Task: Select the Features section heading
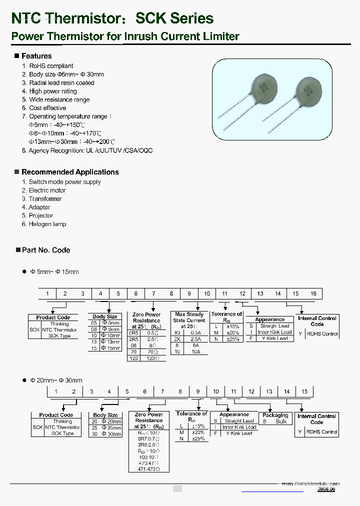pyautogui.click(x=36, y=56)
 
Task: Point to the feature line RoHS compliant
pyautogui.click(x=51, y=66)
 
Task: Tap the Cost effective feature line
pyautogui.click(x=47, y=108)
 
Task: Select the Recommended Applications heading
pyautogui.click(x=70, y=172)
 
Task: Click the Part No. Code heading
pyautogui.click(x=46, y=250)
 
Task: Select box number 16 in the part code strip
pyautogui.click(x=313, y=293)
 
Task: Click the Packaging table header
pyautogui.click(x=275, y=415)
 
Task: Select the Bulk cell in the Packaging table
pyautogui.click(x=281, y=421)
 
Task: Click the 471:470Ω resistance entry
pyautogui.click(x=149, y=469)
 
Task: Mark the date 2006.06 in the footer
pyautogui.click(x=326, y=489)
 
